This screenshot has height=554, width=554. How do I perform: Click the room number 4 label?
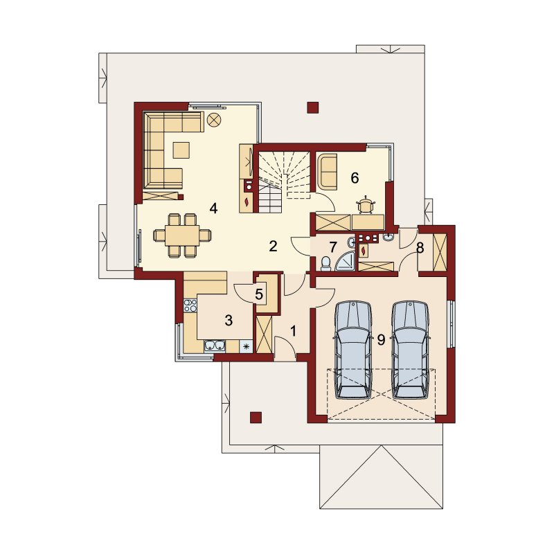pos(213,208)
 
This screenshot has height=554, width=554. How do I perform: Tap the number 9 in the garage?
pos(381,339)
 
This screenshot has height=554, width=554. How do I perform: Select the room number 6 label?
pos(355,178)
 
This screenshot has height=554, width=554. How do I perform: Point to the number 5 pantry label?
pos(259,294)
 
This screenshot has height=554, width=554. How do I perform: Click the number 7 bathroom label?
pos(333,247)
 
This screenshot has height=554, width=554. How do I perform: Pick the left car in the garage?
pos(353,350)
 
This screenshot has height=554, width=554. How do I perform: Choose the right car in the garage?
pos(410,350)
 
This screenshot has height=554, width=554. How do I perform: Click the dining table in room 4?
pos(182,235)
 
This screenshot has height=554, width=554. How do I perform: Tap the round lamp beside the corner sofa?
pos(213,120)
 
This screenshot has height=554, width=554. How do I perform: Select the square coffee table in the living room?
pos(181,150)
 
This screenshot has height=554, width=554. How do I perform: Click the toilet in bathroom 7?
pos(325,264)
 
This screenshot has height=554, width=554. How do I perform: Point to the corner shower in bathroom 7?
pos(345,262)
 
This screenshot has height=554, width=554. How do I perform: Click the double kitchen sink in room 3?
pos(215,346)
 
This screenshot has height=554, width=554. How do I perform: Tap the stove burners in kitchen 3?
pos(190,305)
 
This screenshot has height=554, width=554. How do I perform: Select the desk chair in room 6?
pos(366,205)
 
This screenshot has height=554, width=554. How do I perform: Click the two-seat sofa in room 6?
pos(328,171)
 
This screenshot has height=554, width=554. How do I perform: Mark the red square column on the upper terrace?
pos(313,108)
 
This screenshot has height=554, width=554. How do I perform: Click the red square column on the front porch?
pos(256,418)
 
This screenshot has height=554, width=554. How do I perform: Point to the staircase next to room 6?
pos(285,181)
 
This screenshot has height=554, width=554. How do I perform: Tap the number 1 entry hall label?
pos(293,331)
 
